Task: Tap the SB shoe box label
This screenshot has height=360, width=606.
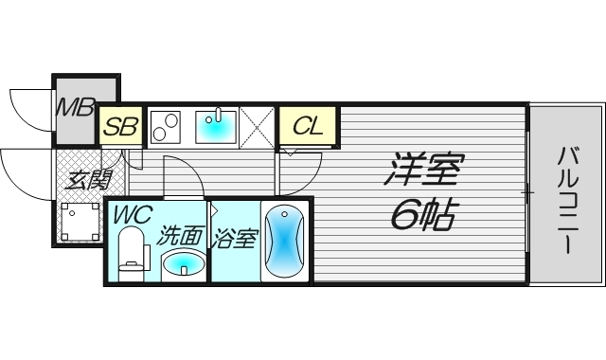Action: tap(120, 125)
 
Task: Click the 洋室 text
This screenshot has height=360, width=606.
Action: tap(423, 172)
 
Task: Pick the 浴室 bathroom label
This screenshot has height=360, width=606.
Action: tap(234, 237)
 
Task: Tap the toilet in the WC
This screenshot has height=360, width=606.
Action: tap(132, 256)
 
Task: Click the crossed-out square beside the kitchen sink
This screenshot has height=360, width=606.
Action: tap(257, 125)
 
